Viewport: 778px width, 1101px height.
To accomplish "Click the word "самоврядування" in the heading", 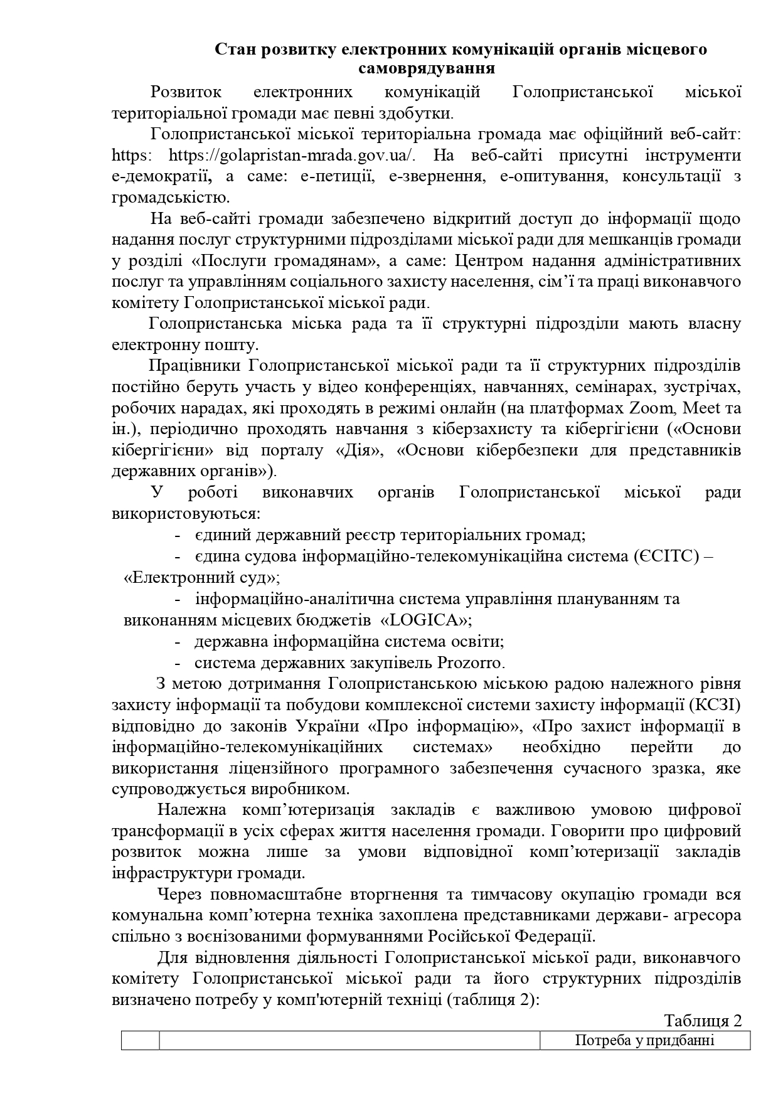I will [x=427, y=68].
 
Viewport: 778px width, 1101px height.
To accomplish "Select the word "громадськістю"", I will [x=169, y=198].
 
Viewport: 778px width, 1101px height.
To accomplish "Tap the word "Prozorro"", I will [x=470, y=662].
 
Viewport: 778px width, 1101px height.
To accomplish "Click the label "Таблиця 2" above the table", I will [x=703, y=1021].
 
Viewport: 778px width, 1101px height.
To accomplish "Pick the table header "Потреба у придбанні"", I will [x=644, y=1041].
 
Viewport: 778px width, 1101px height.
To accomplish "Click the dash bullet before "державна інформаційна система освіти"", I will [x=178, y=642].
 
